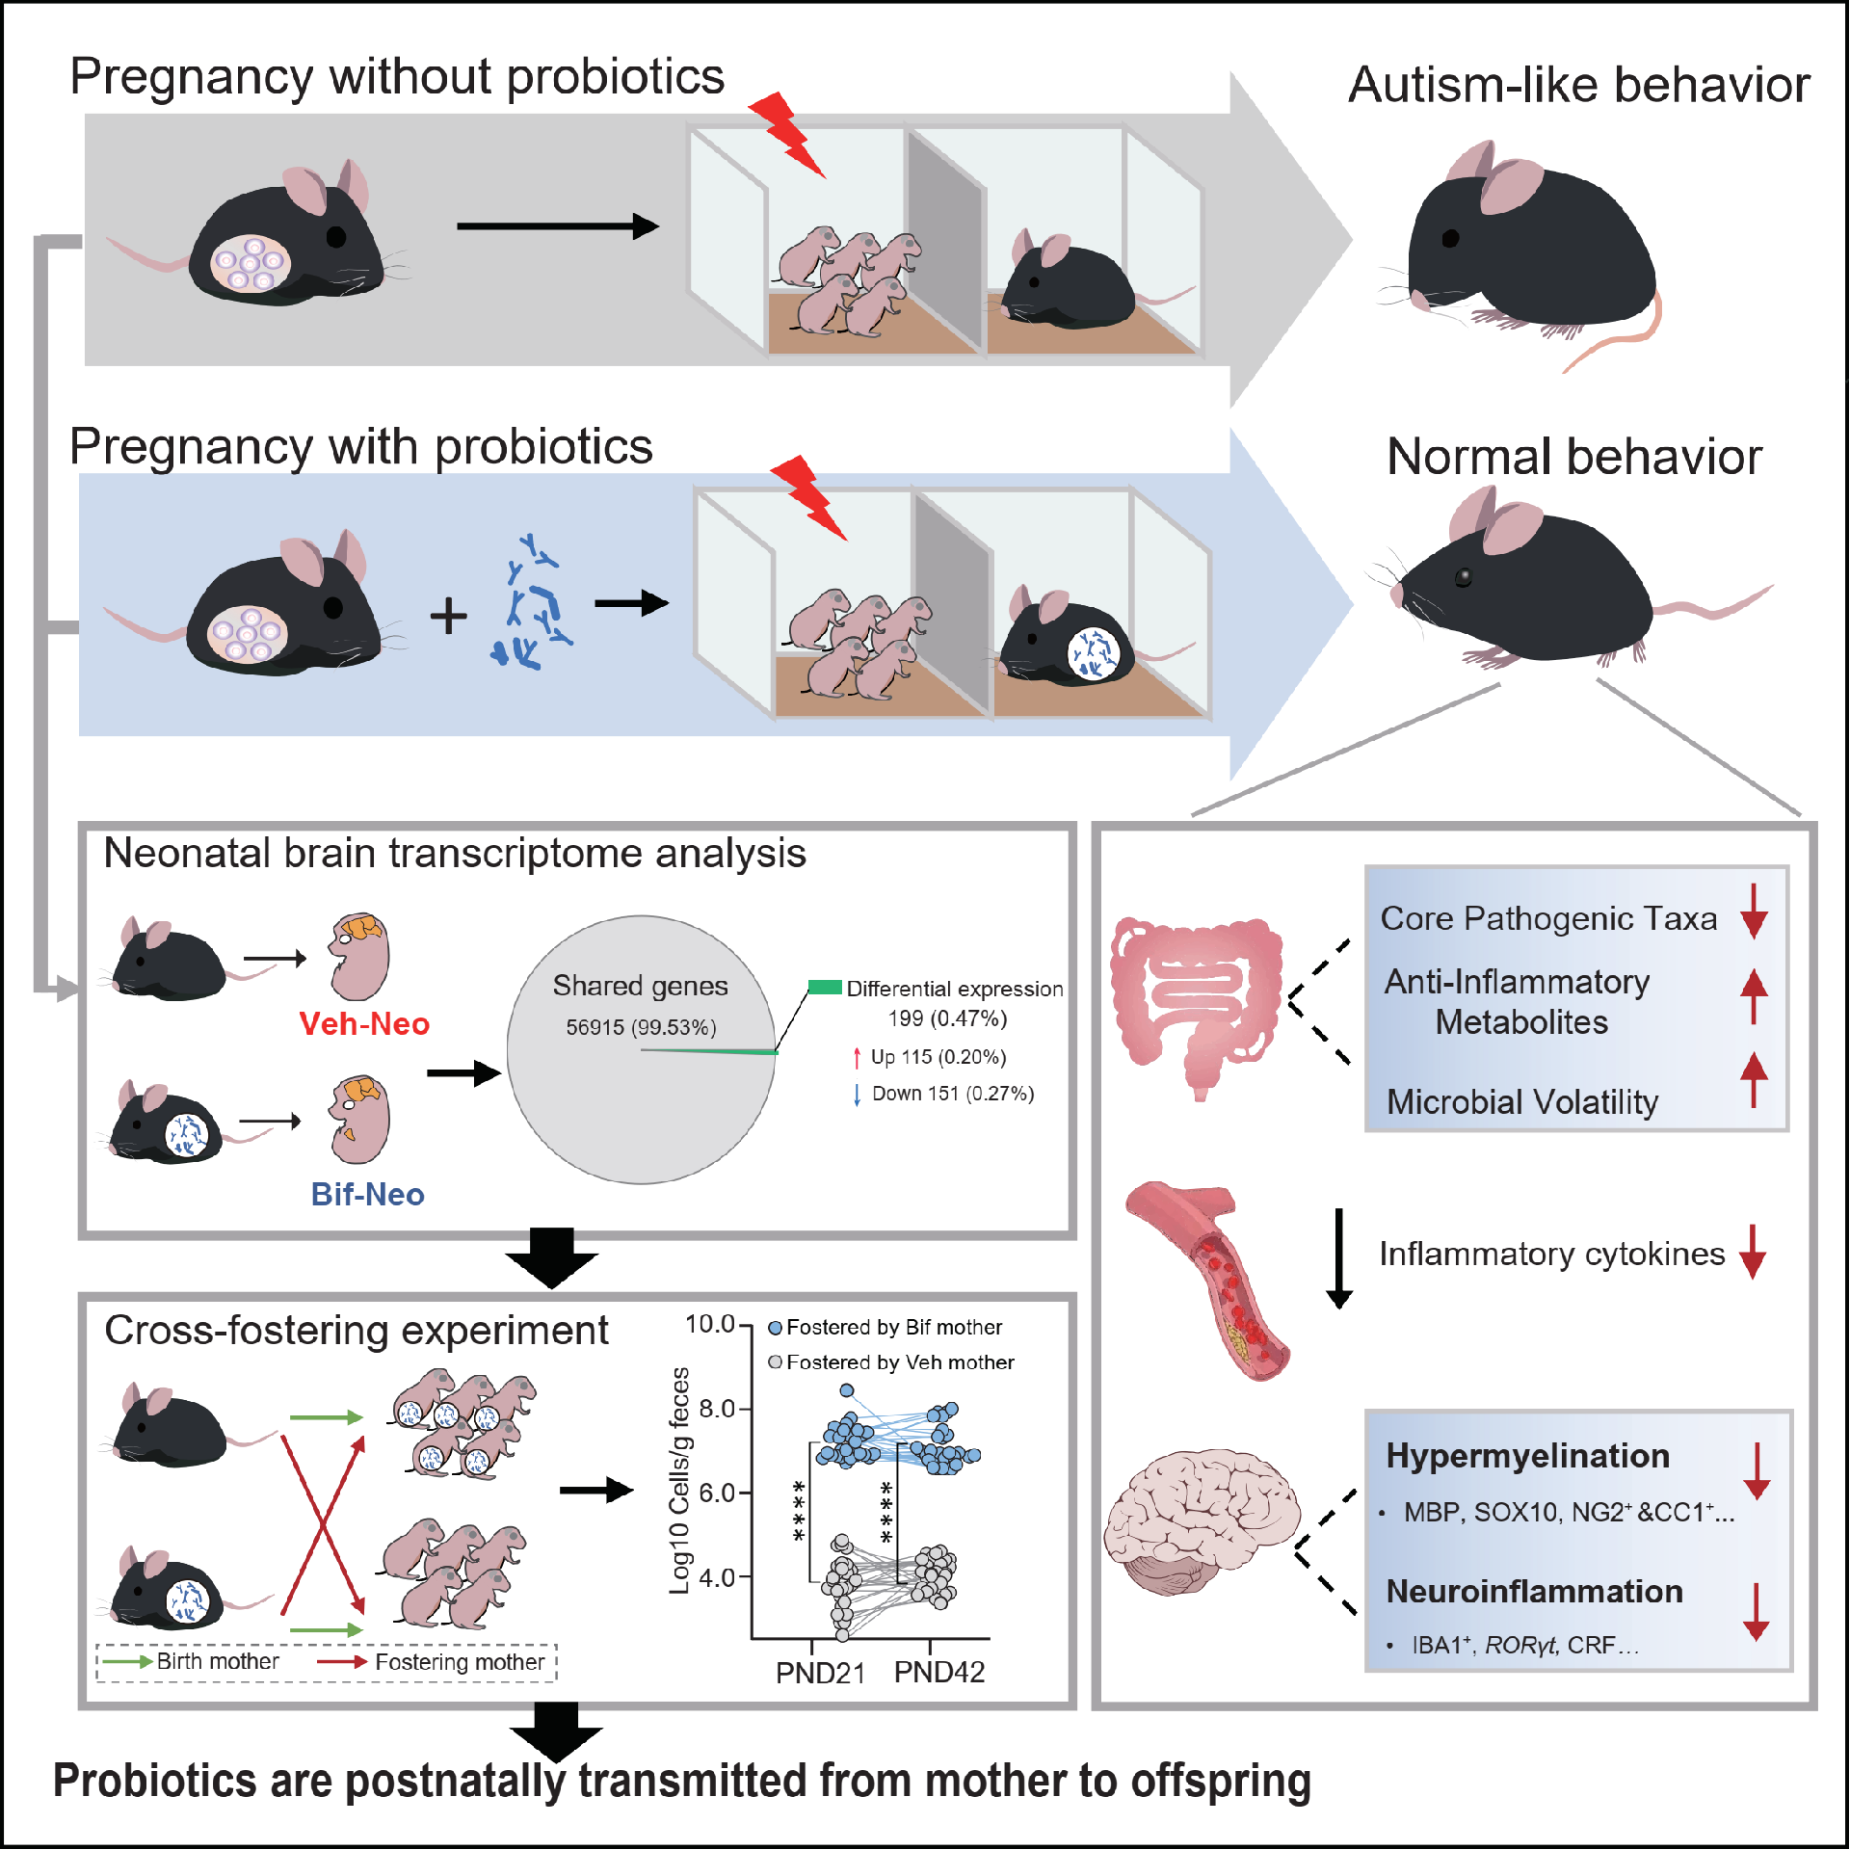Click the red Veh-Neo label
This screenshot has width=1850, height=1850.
(x=364, y=1023)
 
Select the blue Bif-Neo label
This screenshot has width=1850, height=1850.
(x=367, y=1194)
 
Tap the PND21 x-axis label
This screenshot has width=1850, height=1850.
(x=820, y=1673)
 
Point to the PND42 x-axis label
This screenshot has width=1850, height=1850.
(x=939, y=1673)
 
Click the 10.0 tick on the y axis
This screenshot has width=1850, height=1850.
(x=710, y=1325)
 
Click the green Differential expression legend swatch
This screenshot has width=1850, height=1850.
(x=825, y=987)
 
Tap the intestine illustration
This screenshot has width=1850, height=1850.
(x=1195, y=1002)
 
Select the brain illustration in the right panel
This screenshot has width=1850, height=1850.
(x=1200, y=1522)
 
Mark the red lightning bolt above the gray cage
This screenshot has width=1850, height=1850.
(x=787, y=134)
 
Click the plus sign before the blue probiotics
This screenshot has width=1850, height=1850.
(x=448, y=616)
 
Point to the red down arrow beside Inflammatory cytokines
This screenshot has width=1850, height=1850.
(x=1753, y=1252)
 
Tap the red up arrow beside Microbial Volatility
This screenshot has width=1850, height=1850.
(x=1754, y=1079)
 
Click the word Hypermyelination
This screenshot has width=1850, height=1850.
(x=1527, y=1456)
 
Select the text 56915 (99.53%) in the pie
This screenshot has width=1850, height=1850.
(x=641, y=1028)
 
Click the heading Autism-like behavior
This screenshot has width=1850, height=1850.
(x=1578, y=85)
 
